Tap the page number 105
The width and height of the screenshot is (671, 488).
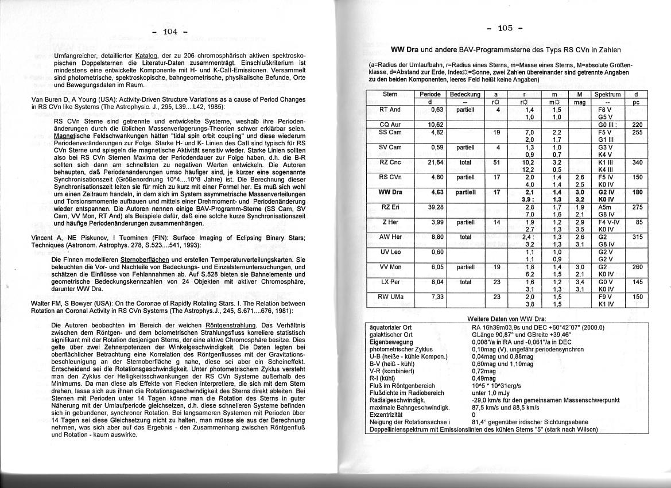(505, 28)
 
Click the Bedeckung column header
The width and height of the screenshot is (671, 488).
(465, 94)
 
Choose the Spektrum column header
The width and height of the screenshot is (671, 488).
(607, 94)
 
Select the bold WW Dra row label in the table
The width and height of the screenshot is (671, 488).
(390, 192)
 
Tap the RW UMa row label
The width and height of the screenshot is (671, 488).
(390, 296)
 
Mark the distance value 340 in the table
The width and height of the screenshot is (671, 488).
(636, 162)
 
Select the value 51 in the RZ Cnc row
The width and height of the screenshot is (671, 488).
(497, 162)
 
